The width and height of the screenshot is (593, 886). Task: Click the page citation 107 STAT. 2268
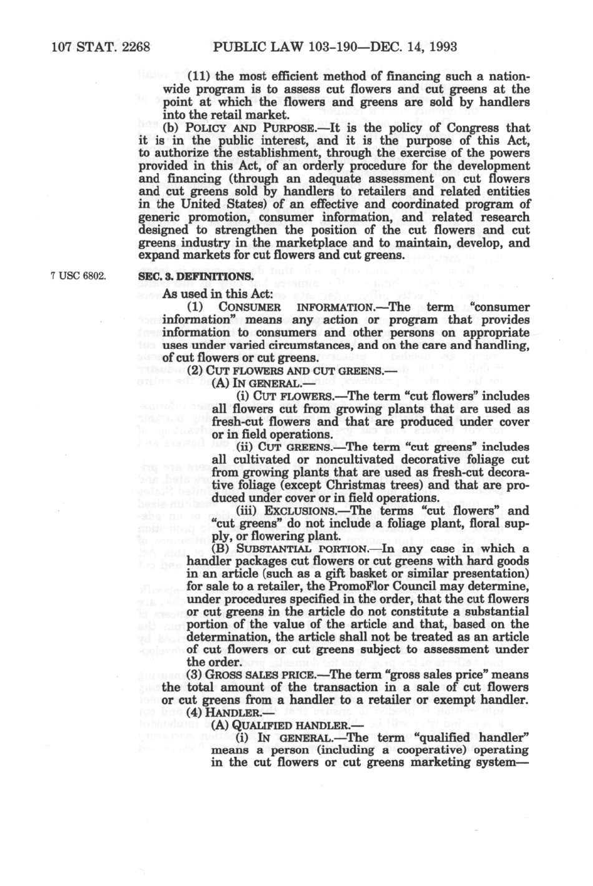click(100, 46)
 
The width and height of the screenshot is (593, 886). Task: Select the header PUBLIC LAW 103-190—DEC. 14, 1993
click(334, 46)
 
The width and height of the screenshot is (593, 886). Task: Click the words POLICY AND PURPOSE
click(218, 128)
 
